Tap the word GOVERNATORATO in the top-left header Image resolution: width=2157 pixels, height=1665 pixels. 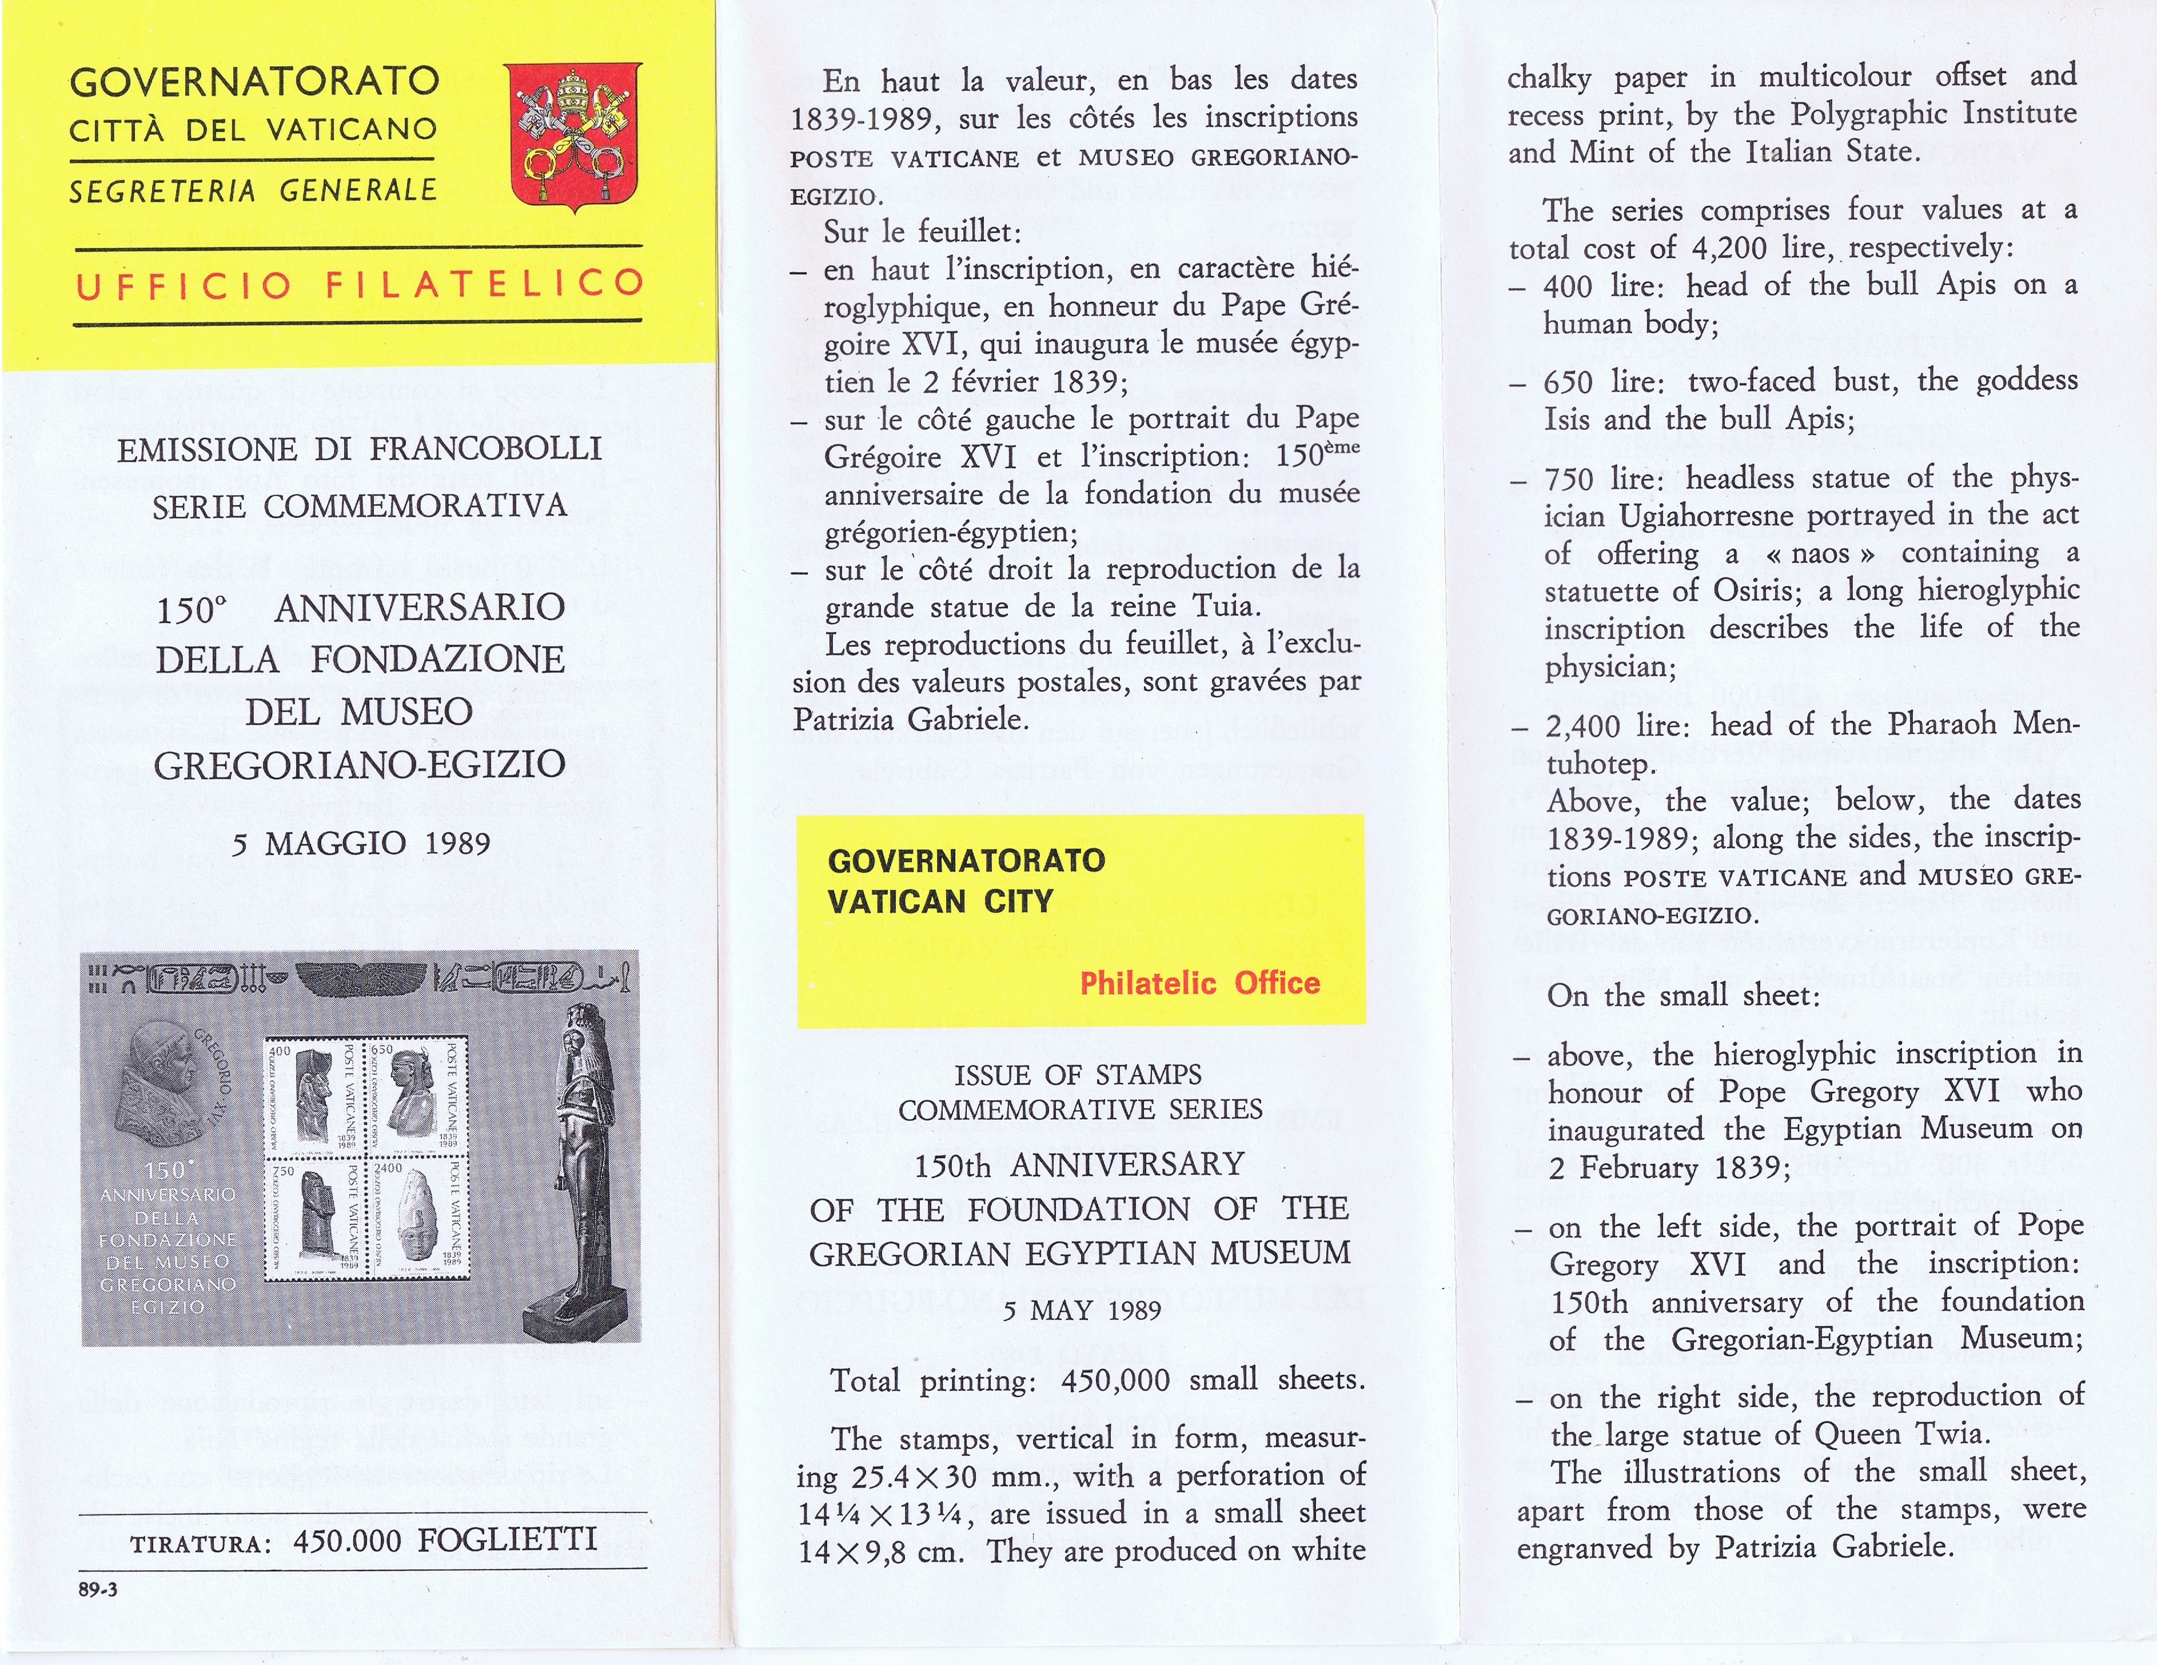pos(254,81)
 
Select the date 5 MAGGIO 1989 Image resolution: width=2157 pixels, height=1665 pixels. pos(361,844)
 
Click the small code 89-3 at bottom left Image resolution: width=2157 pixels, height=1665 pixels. pos(98,1589)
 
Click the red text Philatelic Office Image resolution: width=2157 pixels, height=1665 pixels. pos(1199,983)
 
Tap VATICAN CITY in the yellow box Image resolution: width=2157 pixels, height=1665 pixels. pos(940,901)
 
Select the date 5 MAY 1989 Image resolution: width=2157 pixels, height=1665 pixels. pos(1081,1311)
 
